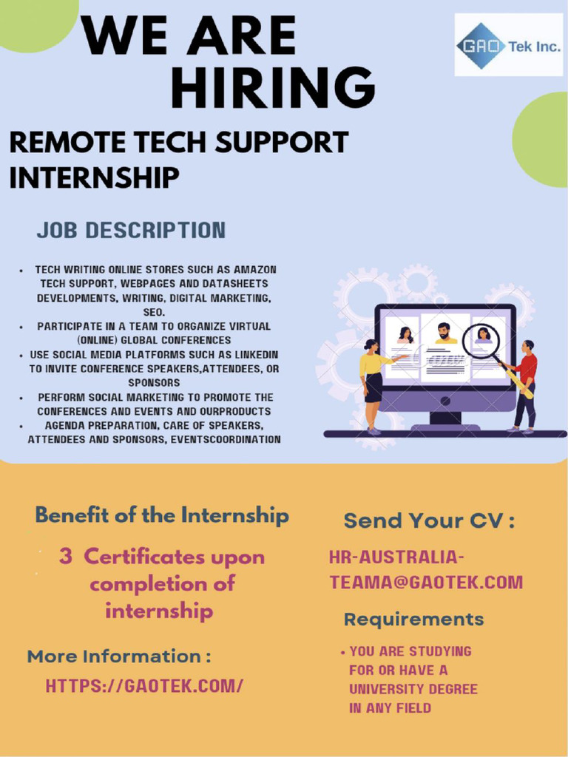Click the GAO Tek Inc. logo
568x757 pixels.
[507, 46]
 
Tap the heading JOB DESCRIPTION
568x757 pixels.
[131, 230]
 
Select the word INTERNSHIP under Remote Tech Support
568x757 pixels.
[94, 177]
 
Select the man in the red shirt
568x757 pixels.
[525, 384]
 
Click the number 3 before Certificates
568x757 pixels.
[66, 557]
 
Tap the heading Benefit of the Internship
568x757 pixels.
[162, 515]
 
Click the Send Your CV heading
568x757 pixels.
[429, 520]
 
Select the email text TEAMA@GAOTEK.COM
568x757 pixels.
[426, 583]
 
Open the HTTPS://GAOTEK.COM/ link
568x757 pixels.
[144, 685]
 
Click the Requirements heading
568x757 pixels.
[413, 619]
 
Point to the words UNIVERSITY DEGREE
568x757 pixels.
[413, 689]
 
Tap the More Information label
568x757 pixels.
[119, 656]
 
